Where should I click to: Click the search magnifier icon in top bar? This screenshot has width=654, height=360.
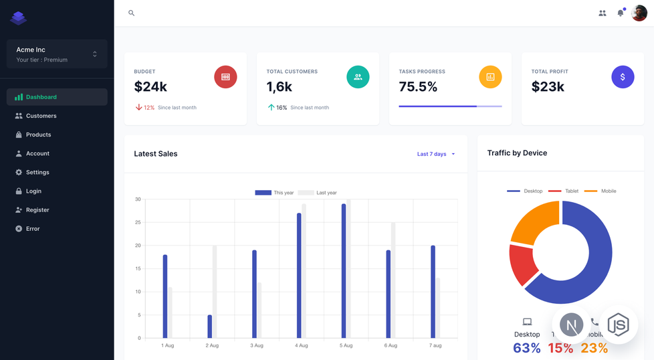[x=131, y=13]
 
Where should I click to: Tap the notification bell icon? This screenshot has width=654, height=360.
[x=621, y=13]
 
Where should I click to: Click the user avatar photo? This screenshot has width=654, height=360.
[x=639, y=13]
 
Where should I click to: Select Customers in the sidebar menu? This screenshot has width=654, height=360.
[x=41, y=116]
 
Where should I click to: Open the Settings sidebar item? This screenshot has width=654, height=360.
[x=37, y=172]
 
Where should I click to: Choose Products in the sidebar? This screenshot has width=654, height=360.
[x=38, y=134]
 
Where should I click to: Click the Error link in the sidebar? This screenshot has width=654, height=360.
[x=33, y=229]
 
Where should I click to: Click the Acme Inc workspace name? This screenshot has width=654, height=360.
[x=31, y=50]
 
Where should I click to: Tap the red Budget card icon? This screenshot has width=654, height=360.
[x=225, y=77]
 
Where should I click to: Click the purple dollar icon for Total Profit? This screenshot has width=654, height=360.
[x=623, y=77]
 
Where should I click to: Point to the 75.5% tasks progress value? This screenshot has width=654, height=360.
[x=418, y=87]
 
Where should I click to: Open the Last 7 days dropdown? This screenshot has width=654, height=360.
[x=435, y=154]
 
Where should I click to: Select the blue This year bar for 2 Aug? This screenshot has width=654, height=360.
[x=210, y=326]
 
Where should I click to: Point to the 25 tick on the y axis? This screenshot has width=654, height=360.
[x=138, y=222]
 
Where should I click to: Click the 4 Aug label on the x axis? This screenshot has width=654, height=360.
[x=301, y=345]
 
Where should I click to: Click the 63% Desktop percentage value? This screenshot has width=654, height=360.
[x=526, y=348]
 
